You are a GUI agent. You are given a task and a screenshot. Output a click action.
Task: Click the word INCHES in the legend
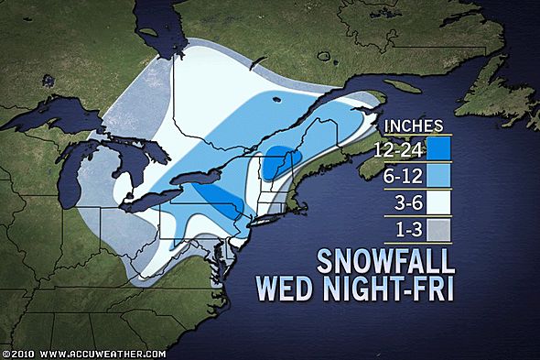click(414, 125)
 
